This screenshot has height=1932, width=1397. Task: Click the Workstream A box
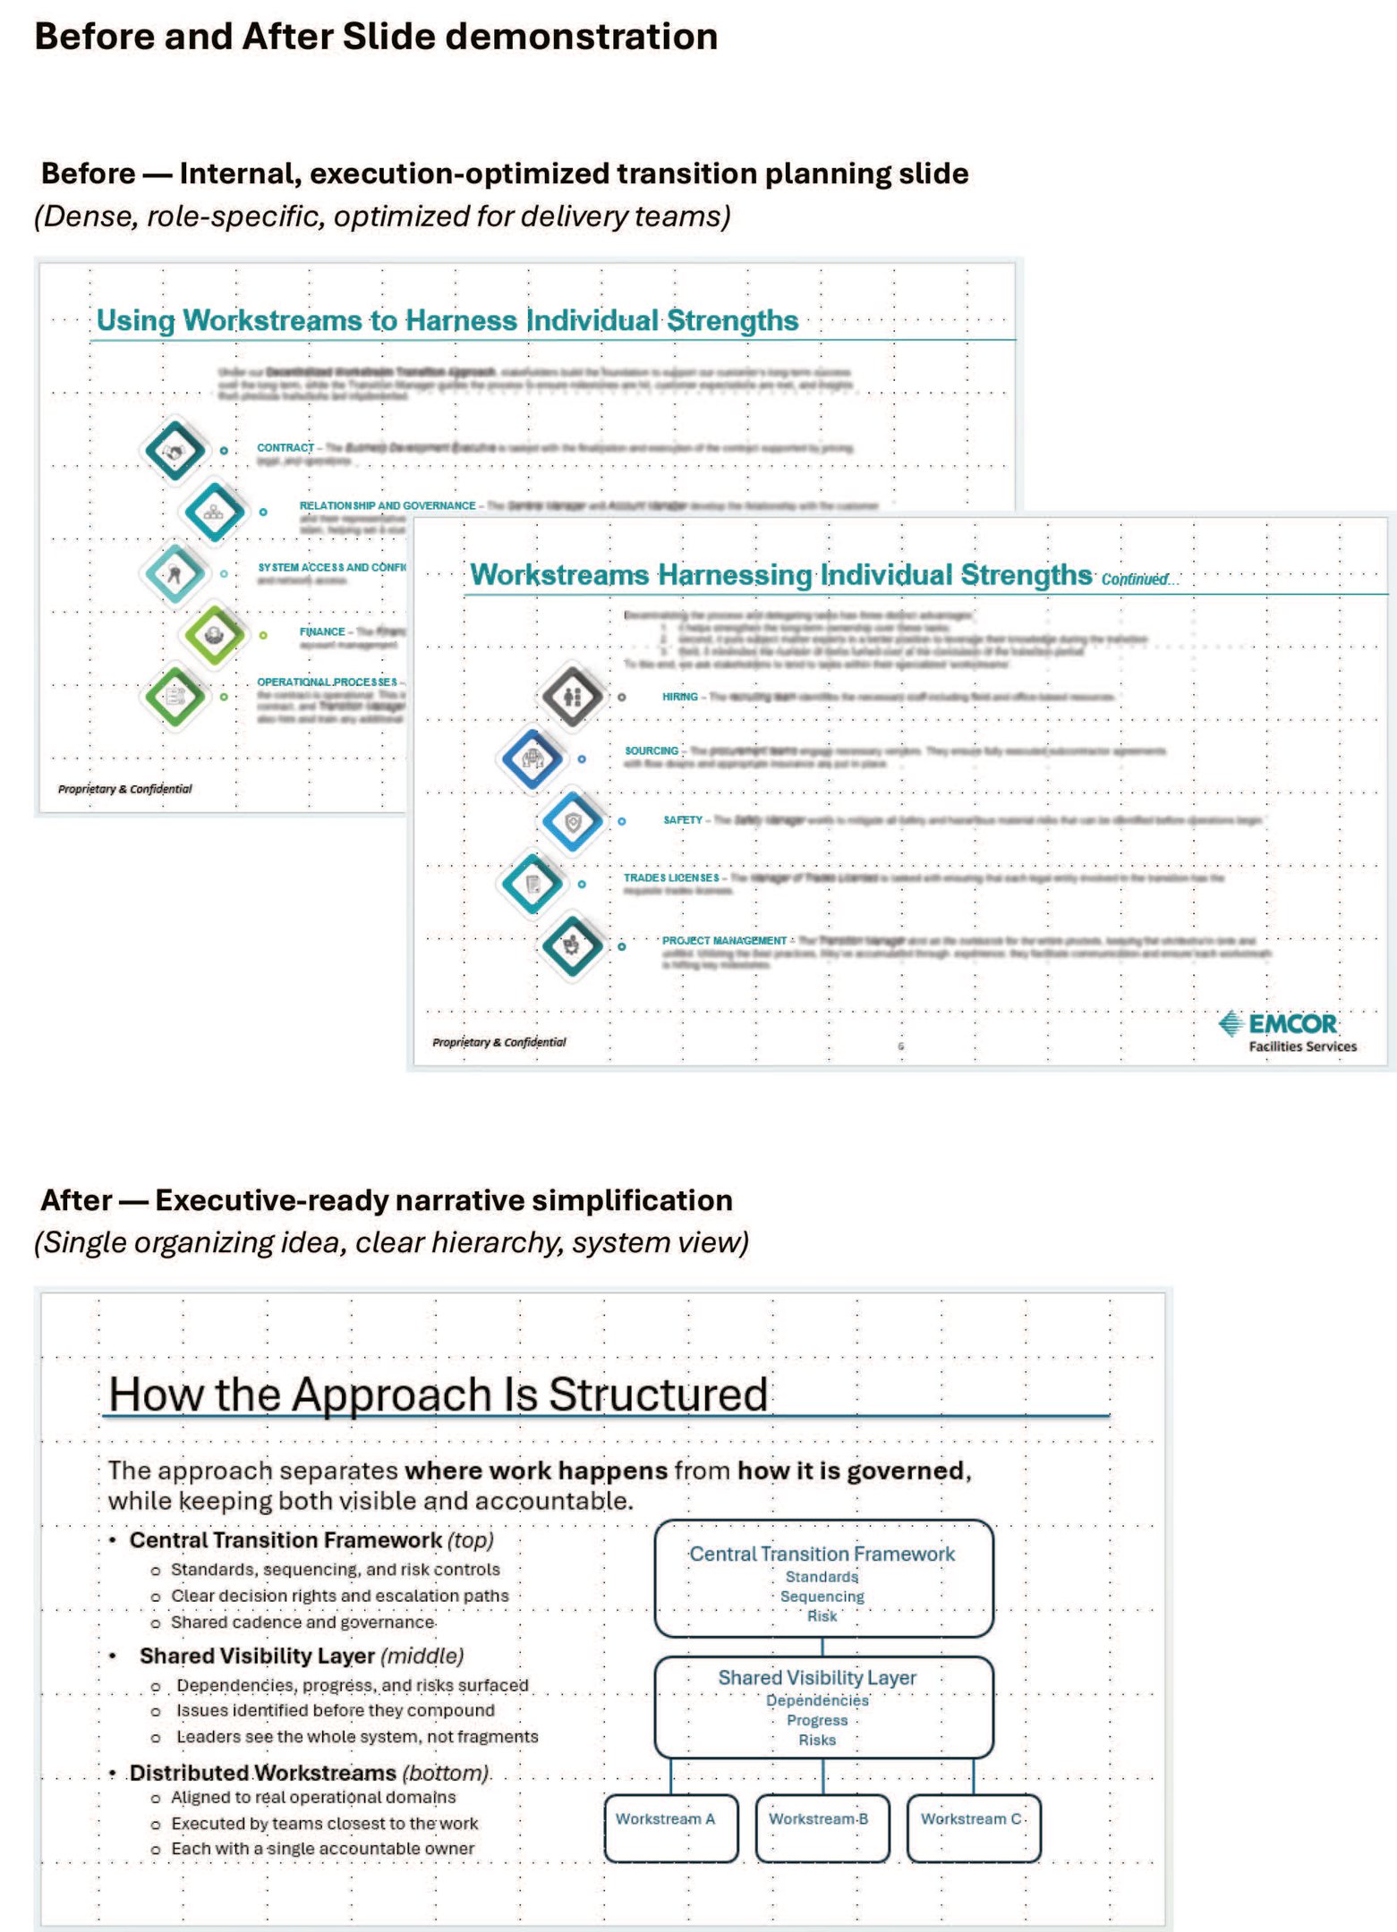pyautogui.click(x=671, y=1827)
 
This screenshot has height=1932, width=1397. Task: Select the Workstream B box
pyautogui.click(x=822, y=1827)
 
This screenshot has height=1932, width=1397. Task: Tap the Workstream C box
pyautogui.click(x=974, y=1827)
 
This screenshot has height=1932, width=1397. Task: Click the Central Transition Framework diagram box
pyautogui.click(x=823, y=1579)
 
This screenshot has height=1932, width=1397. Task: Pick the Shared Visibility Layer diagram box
pyautogui.click(x=823, y=1707)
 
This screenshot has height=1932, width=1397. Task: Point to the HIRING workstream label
pyautogui.click(x=680, y=697)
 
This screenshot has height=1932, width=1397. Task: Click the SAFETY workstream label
pyautogui.click(x=683, y=820)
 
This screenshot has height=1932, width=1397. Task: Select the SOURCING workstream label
pyautogui.click(x=652, y=751)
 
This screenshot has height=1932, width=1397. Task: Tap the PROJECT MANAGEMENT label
pyautogui.click(x=724, y=941)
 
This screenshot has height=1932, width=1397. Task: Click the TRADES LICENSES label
pyautogui.click(x=671, y=878)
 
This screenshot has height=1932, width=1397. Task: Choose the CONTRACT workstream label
pyautogui.click(x=285, y=448)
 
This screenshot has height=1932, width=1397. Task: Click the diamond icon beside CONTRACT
pyautogui.click(x=175, y=451)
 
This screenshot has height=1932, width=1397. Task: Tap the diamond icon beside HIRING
pyautogui.click(x=573, y=696)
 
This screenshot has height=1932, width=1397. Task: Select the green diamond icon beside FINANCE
pyautogui.click(x=214, y=635)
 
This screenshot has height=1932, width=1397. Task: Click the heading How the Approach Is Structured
pyautogui.click(x=438, y=1394)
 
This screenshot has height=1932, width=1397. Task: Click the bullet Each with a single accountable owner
pyautogui.click(x=322, y=1849)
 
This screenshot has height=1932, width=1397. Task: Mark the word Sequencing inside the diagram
pyautogui.click(x=822, y=1597)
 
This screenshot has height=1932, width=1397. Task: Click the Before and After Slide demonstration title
pyautogui.click(x=376, y=38)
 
